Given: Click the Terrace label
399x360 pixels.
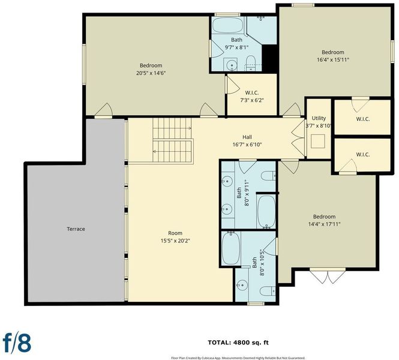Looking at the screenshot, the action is (76, 229).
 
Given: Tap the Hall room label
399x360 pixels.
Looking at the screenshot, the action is (247, 137).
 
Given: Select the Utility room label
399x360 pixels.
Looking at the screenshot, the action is (319, 118).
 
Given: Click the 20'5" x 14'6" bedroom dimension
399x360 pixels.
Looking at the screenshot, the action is (151, 73).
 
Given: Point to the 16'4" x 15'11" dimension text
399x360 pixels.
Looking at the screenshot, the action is (333, 60).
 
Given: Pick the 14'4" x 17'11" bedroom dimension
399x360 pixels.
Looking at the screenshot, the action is (324, 224).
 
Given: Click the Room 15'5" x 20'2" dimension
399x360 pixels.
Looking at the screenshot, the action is (175, 241).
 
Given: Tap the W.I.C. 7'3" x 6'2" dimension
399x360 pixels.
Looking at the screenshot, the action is (252, 100).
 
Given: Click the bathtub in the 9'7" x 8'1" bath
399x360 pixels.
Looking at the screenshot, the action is (228, 25).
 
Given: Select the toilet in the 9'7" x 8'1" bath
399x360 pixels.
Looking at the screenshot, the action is (251, 63).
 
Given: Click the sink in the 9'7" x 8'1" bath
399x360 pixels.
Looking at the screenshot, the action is (232, 65).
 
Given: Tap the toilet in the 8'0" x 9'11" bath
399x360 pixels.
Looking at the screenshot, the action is (268, 176).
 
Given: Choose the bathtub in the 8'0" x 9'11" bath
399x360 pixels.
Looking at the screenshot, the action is (266, 212).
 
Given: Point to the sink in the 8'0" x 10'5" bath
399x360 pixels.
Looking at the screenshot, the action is (242, 285).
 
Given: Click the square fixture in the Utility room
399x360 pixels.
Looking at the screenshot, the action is (318, 141).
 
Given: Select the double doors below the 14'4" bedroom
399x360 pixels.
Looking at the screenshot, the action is (328, 276).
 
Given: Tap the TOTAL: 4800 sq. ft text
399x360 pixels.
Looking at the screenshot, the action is (238, 343).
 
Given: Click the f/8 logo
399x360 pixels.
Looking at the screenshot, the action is (17, 343).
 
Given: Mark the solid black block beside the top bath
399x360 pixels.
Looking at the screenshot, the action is (269, 58).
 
